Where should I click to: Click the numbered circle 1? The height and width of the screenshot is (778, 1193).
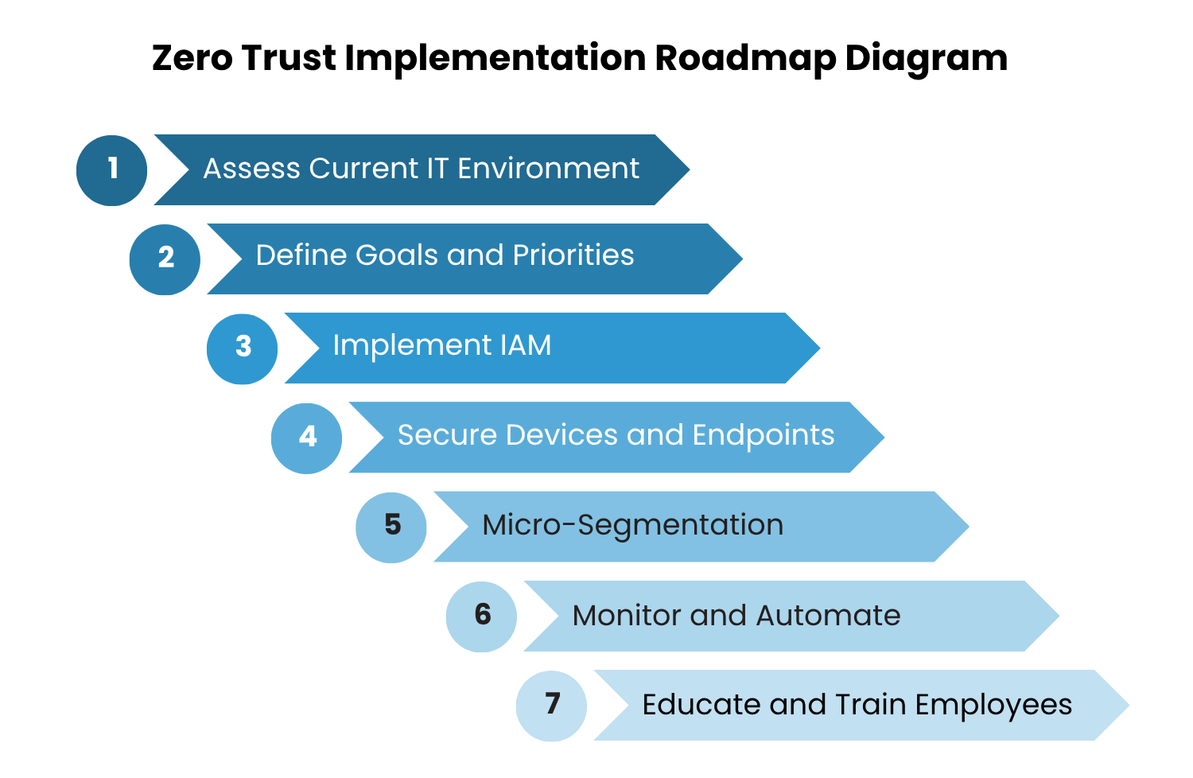click(x=111, y=170)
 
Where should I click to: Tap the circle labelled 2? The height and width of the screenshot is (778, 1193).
click(x=165, y=259)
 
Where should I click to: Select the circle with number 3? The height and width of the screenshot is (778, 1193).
click(x=242, y=348)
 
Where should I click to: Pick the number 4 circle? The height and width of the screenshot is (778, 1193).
click(x=306, y=438)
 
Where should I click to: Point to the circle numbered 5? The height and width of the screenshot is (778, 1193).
click(x=391, y=527)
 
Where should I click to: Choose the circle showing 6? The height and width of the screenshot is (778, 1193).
click(x=481, y=617)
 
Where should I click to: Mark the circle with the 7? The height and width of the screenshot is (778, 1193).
click(x=551, y=706)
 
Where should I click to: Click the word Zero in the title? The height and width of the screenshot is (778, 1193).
click(x=192, y=58)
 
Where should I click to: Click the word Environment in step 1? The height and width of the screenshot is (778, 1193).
click(x=548, y=169)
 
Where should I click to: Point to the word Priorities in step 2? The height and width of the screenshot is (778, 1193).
click(x=573, y=255)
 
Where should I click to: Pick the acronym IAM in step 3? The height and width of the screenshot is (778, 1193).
click(x=525, y=345)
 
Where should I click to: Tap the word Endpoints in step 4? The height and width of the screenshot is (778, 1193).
click(x=763, y=436)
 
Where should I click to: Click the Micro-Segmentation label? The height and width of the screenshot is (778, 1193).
click(x=632, y=525)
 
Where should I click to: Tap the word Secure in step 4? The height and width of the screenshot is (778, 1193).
click(x=447, y=435)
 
